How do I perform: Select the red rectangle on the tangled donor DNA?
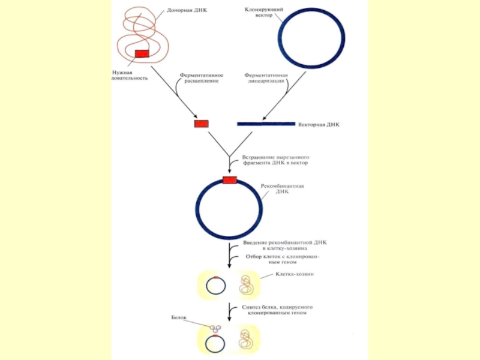click(x=142, y=53)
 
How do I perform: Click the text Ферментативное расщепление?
click(x=202, y=77)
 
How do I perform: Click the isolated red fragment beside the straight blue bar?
click(x=200, y=124)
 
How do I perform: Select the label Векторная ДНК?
click(x=319, y=126)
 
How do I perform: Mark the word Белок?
click(x=179, y=317)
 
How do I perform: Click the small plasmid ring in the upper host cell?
click(x=215, y=286)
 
